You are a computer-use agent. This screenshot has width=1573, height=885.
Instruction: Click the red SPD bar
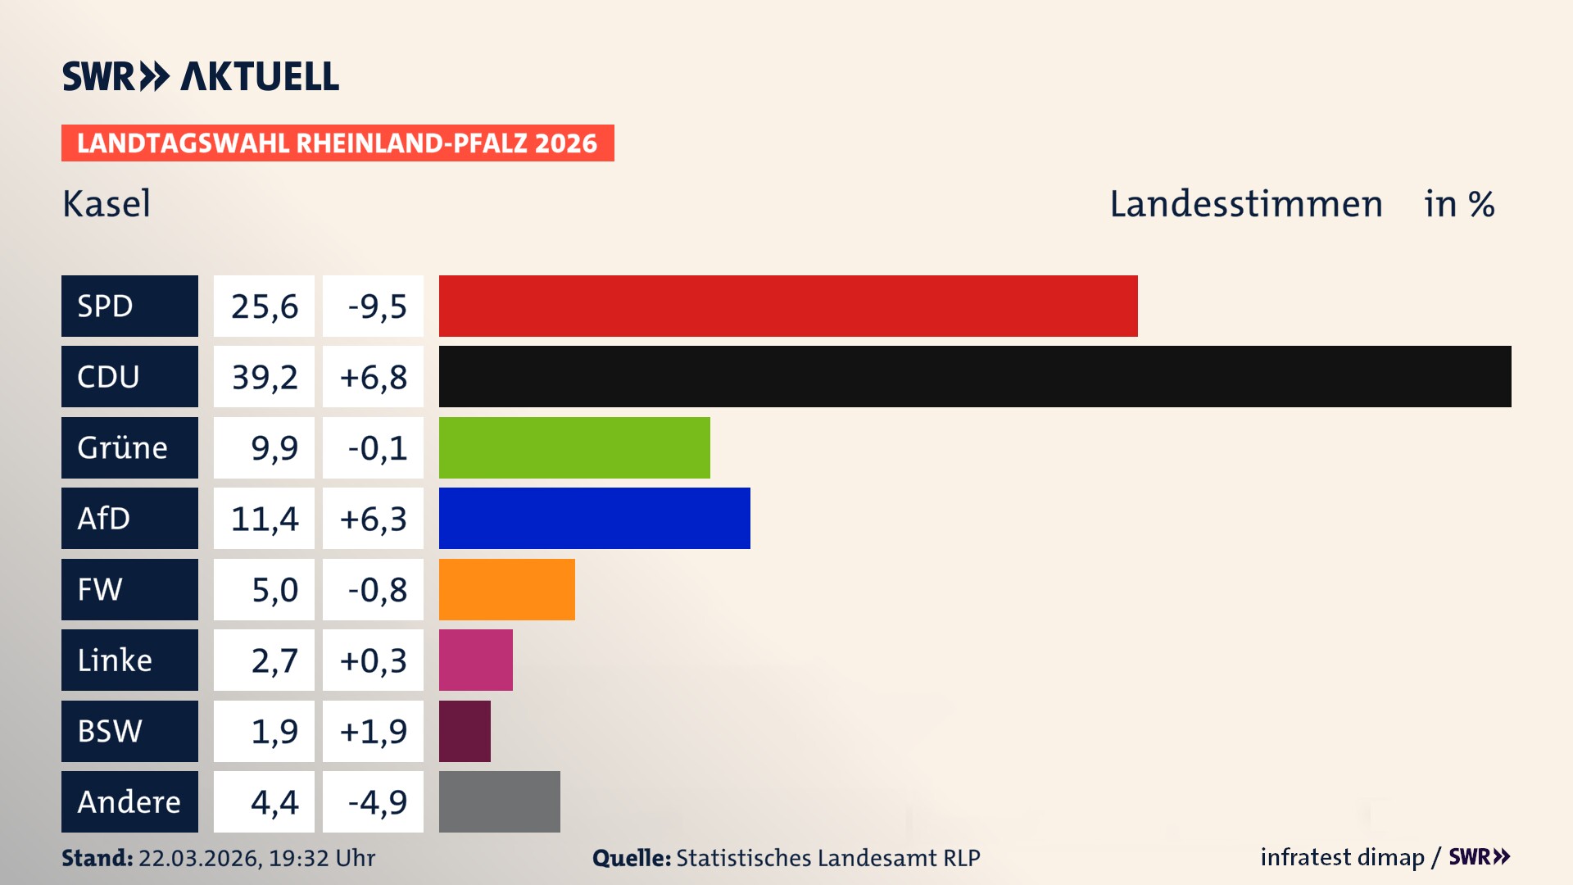point(788,306)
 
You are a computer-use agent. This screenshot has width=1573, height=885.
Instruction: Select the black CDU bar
point(975,376)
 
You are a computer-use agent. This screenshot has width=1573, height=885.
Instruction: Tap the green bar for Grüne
point(574,447)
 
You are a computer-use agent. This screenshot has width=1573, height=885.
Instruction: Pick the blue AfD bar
point(594,518)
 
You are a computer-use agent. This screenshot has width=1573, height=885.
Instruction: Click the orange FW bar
point(506,589)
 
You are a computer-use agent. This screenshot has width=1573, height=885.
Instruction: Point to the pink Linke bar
point(475,660)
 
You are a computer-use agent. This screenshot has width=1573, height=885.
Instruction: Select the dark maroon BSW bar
point(465,731)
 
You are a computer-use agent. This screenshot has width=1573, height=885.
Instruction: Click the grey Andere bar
point(499,801)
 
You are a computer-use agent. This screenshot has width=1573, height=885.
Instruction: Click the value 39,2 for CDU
point(264,377)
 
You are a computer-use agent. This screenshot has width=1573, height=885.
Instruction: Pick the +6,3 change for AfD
point(374,518)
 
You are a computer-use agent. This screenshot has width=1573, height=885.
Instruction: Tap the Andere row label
point(129,801)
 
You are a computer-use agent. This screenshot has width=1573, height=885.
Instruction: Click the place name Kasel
point(107,203)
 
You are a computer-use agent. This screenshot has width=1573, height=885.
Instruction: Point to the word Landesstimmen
point(1245,203)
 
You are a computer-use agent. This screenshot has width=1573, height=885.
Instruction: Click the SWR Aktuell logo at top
point(201,76)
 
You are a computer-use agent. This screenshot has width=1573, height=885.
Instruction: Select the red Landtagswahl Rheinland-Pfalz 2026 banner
point(338,143)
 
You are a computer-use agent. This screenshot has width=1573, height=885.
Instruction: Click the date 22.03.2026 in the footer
point(199,858)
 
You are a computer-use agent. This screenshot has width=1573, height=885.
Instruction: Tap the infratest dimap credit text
point(1342,857)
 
